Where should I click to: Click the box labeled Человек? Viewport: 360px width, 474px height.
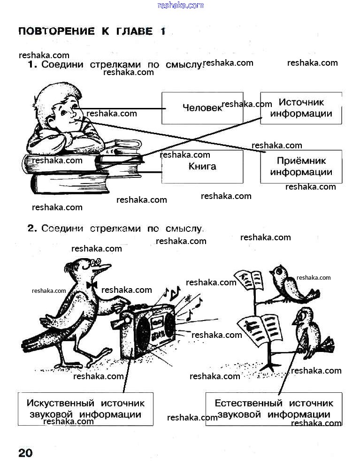pyautogui.click(x=202, y=108)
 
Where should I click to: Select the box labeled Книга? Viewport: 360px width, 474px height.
pyautogui.click(x=202, y=167)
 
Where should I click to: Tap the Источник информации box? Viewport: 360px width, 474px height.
pyautogui.click(x=301, y=108)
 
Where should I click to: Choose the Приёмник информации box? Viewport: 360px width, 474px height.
pyautogui.click(x=301, y=167)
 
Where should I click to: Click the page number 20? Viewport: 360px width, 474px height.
pyautogui.click(x=25, y=453)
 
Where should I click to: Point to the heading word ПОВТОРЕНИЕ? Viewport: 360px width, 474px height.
pyautogui.click(x=56, y=31)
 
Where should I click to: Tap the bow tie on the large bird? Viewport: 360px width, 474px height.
pyautogui.click(x=92, y=285)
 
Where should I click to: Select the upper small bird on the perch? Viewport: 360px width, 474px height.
pyautogui.click(x=289, y=284)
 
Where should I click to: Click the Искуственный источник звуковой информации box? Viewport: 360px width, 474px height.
pyautogui.click(x=85, y=409)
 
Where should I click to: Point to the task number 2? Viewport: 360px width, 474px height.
pyautogui.click(x=32, y=229)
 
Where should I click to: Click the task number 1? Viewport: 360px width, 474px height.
pyautogui.click(x=32, y=65)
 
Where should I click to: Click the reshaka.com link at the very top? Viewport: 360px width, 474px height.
pyautogui.click(x=181, y=5)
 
